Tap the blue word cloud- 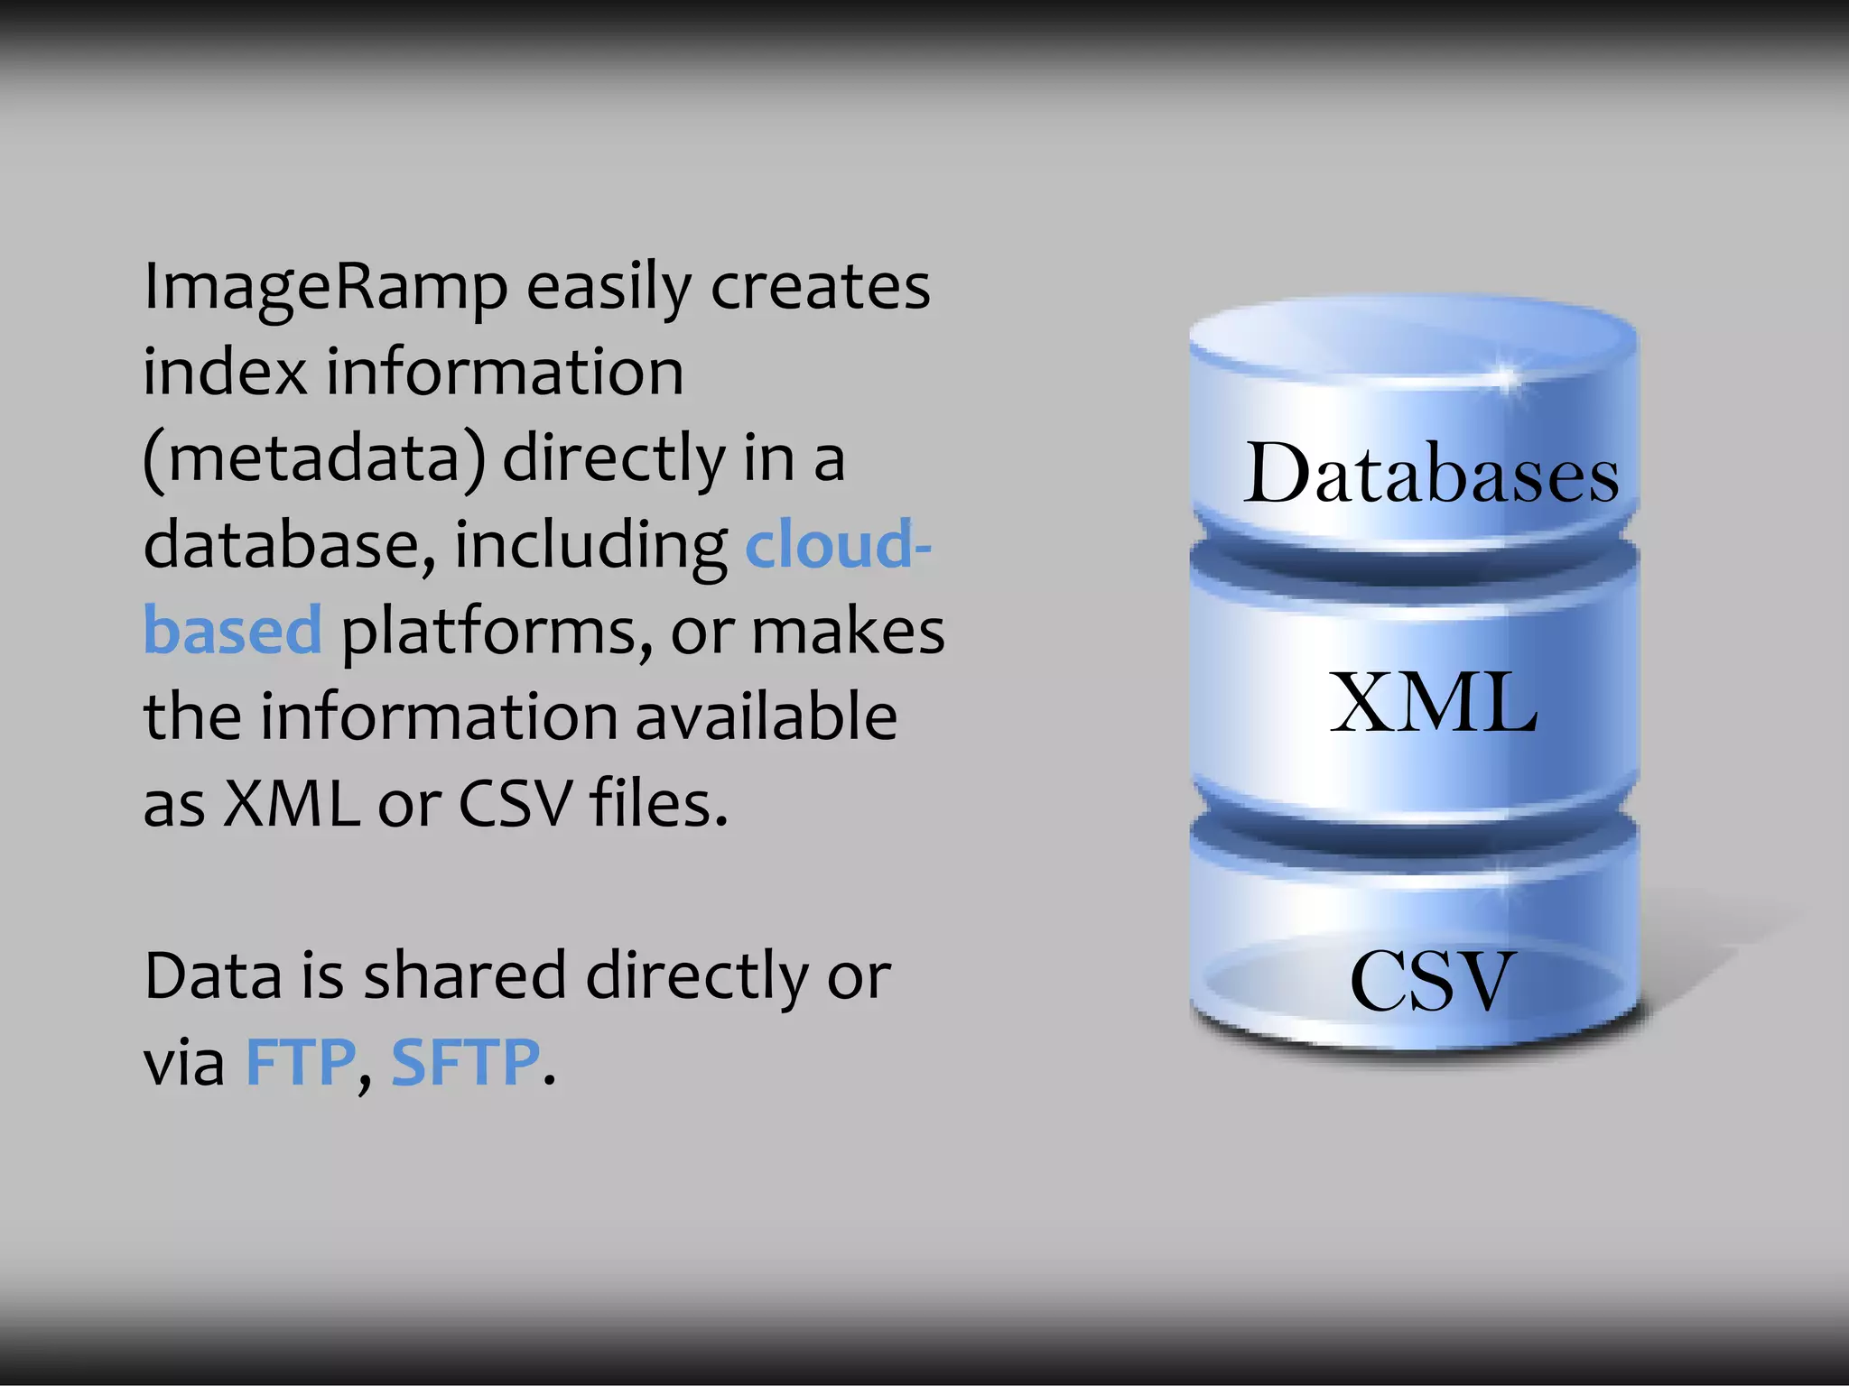click(x=838, y=545)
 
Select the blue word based click(x=233, y=631)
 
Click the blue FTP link click(x=301, y=1063)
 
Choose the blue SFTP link click(x=465, y=1063)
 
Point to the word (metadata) click(x=314, y=459)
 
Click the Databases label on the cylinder click(x=1431, y=474)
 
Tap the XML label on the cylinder click(x=1433, y=703)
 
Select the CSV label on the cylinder click(x=1431, y=981)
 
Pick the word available click(x=767, y=716)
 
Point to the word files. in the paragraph click(x=658, y=802)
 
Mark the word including click(x=590, y=547)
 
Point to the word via click(x=184, y=1063)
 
